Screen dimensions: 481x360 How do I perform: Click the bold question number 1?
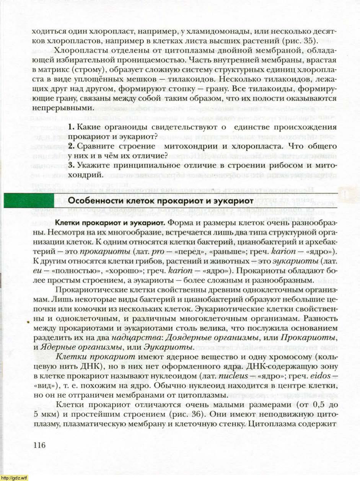click(71, 127)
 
